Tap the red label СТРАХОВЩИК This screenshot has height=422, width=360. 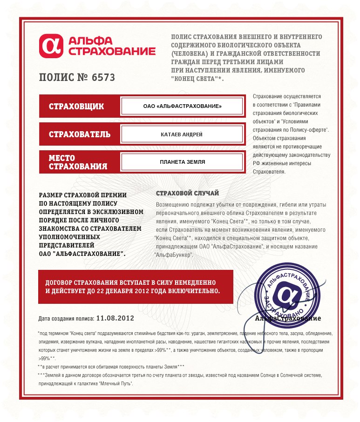(76, 107)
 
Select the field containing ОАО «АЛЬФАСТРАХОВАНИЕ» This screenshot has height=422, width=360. (182, 107)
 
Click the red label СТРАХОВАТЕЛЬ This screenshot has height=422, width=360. (80, 134)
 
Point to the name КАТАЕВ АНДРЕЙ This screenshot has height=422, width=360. (182, 134)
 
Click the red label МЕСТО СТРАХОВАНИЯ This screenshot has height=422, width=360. (78, 162)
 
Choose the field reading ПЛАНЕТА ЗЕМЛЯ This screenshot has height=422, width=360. (182, 162)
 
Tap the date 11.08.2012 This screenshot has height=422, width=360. (115, 318)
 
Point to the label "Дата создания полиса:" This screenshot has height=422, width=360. (66, 319)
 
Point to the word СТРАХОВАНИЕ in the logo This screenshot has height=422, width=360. (112, 51)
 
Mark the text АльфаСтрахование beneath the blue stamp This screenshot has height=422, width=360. (288, 319)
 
